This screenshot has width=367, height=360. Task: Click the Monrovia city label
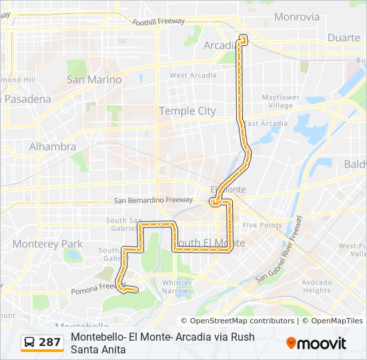[296, 17]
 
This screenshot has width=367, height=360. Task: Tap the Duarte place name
[344, 38]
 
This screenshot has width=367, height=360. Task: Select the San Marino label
[94, 79]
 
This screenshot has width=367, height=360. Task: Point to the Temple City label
[187, 111]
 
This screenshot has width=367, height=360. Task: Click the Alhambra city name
[52, 146]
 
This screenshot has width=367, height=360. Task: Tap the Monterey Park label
[47, 243]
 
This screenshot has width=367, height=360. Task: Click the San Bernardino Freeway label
[153, 199]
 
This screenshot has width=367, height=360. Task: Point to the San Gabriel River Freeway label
[280, 247]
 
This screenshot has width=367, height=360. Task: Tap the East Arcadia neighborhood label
[266, 123]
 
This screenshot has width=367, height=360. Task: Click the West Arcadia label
[193, 75]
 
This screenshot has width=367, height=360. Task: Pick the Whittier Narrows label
[177, 287]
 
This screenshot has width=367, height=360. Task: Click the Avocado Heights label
[316, 286]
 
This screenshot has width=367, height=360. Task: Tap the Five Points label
[262, 225]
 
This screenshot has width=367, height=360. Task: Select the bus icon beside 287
[30, 343]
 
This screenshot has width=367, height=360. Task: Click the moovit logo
[316, 343]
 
